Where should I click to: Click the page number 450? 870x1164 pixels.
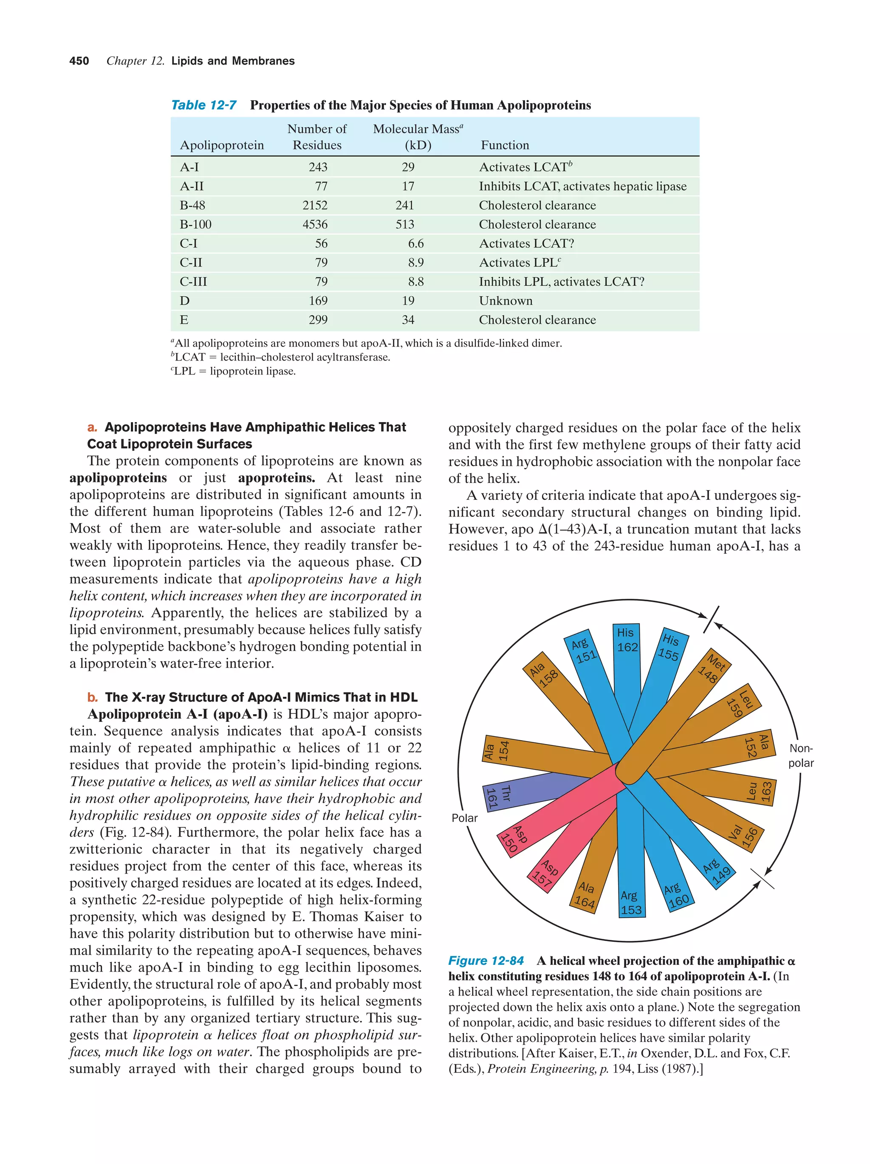[79, 61]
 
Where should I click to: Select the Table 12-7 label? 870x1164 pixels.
[203, 105]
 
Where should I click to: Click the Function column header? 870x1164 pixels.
[504, 145]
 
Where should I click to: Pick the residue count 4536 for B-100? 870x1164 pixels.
[315, 225]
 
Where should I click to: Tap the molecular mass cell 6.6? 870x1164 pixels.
[415, 244]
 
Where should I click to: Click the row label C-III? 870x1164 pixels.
[193, 282]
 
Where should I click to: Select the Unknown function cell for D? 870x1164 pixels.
[505, 301]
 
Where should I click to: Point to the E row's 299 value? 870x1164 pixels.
[318, 320]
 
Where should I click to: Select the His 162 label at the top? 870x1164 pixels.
[626, 640]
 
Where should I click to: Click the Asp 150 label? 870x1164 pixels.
[514, 838]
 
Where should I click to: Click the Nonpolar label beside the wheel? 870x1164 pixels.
[800, 755]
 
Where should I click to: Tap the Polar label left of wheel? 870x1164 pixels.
[464, 818]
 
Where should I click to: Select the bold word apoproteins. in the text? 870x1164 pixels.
[276, 478]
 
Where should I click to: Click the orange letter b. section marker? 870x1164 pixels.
[93, 697]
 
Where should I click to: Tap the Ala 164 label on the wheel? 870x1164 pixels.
[585, 895]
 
